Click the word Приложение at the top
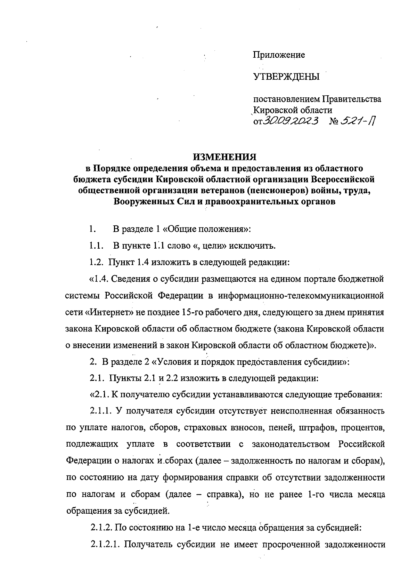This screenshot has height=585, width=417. click(x=279, y=55)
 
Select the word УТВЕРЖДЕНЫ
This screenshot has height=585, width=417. click(x=286, y=77)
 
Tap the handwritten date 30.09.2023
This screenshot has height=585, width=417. click(x=291, y=121)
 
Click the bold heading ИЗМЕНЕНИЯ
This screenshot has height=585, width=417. click(x=224, y=157)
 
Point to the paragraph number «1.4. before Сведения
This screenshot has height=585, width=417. click(x=101, y=279)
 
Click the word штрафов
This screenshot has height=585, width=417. click(x=314, y=427)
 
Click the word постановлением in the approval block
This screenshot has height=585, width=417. click(x=287, y=99)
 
